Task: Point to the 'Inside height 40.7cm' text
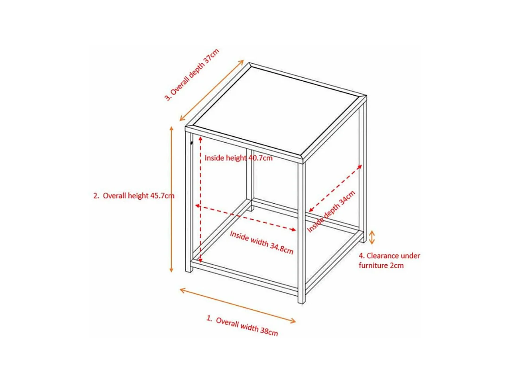click(238, 158)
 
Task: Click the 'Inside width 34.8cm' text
click(261, 242)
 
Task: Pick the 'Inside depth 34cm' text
click(331, 212)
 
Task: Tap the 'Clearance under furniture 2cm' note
click(389, 261)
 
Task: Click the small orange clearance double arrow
click(372, 238)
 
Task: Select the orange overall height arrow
click(171, 199)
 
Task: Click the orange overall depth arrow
click(212, 90)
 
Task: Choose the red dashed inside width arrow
click(246, 218)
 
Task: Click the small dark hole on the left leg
click(192, 143)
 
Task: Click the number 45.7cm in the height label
click(162, 196)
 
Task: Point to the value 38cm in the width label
click(269, 331)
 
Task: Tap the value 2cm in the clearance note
click(397, 265)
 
